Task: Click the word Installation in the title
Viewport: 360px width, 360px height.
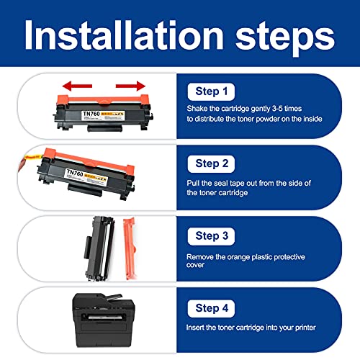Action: tap(125, 35)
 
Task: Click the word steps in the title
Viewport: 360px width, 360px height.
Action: tap(285, 38)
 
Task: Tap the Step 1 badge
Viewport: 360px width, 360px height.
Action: tap(211, 91)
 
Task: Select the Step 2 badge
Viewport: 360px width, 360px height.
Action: tap(211, 164)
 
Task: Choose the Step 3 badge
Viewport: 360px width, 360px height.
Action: tap(211, 236)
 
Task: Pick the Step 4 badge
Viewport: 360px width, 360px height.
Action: tap(211, 308)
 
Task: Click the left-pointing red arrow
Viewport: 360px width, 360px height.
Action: tap(77, 86)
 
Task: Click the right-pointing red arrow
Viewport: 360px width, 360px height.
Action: tap(130, 86)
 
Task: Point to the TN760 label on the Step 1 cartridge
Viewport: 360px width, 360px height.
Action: tap(91, 114)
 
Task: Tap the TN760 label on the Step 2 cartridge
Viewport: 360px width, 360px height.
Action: tap(75, 172)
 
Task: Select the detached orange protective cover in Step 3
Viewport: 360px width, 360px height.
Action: tap(130, 248)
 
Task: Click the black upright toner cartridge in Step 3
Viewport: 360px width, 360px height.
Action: tap(99, 248)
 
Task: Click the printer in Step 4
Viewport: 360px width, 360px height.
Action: tap(104, 320)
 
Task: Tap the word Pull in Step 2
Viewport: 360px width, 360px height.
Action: tap(193, 183)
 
